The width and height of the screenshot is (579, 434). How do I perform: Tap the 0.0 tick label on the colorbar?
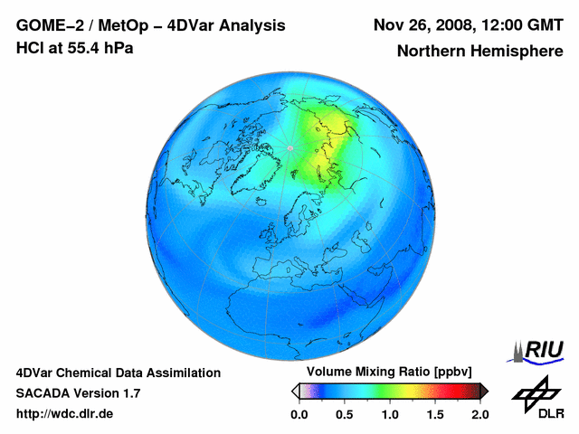pyautogui.click(x=299, y=414)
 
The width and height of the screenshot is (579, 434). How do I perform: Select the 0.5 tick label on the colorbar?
pyautogui.click(x=344, y=414)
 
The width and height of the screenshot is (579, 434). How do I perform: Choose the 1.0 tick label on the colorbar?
pyautogui.click(x=389, y=414)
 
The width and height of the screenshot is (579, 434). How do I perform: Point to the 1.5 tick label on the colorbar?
pyautogui.click(x=434, y=414)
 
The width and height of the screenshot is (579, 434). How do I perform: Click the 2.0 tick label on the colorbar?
pyautogui.click(x=479, y=414)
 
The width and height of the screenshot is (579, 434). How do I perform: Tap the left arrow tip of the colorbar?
pyautogui.click(x=294, y=391)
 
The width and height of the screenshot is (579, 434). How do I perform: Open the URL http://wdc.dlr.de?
pyautogui.click(x=65, y=414)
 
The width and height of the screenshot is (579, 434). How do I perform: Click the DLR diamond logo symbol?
pyautogui.click(x=536, y=392)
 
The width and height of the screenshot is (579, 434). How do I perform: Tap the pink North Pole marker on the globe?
pyautogui.click(x=290, y=147)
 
